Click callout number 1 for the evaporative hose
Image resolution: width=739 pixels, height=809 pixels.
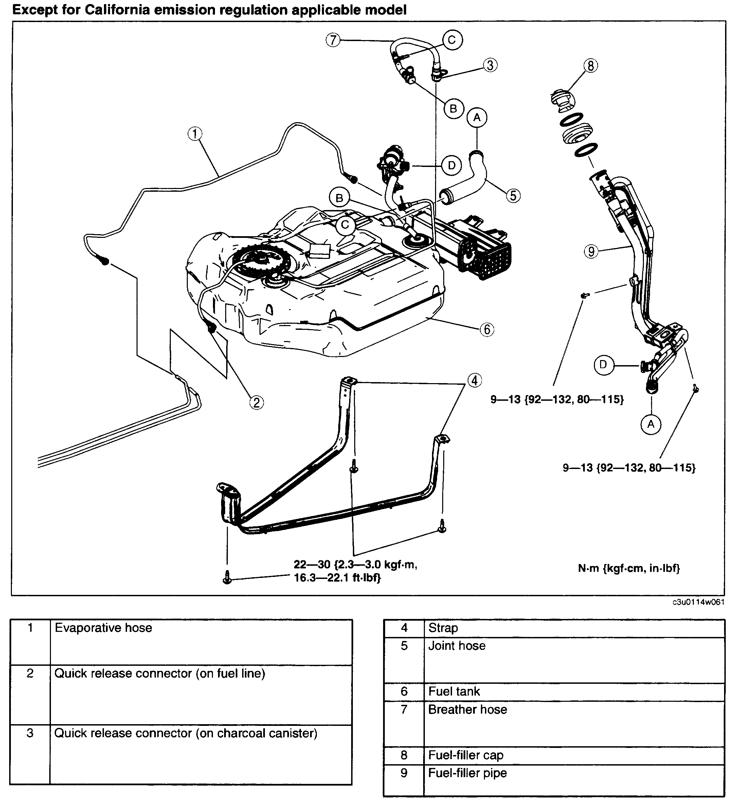195,134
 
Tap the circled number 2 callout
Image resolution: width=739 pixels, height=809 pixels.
256,402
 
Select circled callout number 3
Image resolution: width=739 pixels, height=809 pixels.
490,65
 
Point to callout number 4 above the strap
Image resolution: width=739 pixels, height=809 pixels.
475,380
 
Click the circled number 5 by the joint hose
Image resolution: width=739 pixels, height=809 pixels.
513,195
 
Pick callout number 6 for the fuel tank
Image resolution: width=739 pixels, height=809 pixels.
487,330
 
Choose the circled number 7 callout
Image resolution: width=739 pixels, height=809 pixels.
333,40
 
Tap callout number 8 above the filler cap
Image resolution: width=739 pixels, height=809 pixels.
590,65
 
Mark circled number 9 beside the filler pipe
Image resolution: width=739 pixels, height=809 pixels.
591,251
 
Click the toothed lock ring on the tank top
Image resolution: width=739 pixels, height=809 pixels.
261,261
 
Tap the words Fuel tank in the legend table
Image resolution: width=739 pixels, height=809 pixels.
454,691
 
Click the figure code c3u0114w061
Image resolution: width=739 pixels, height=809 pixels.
699,602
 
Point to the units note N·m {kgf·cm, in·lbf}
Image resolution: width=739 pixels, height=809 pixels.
629,568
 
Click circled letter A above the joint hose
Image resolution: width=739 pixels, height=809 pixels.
477,117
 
